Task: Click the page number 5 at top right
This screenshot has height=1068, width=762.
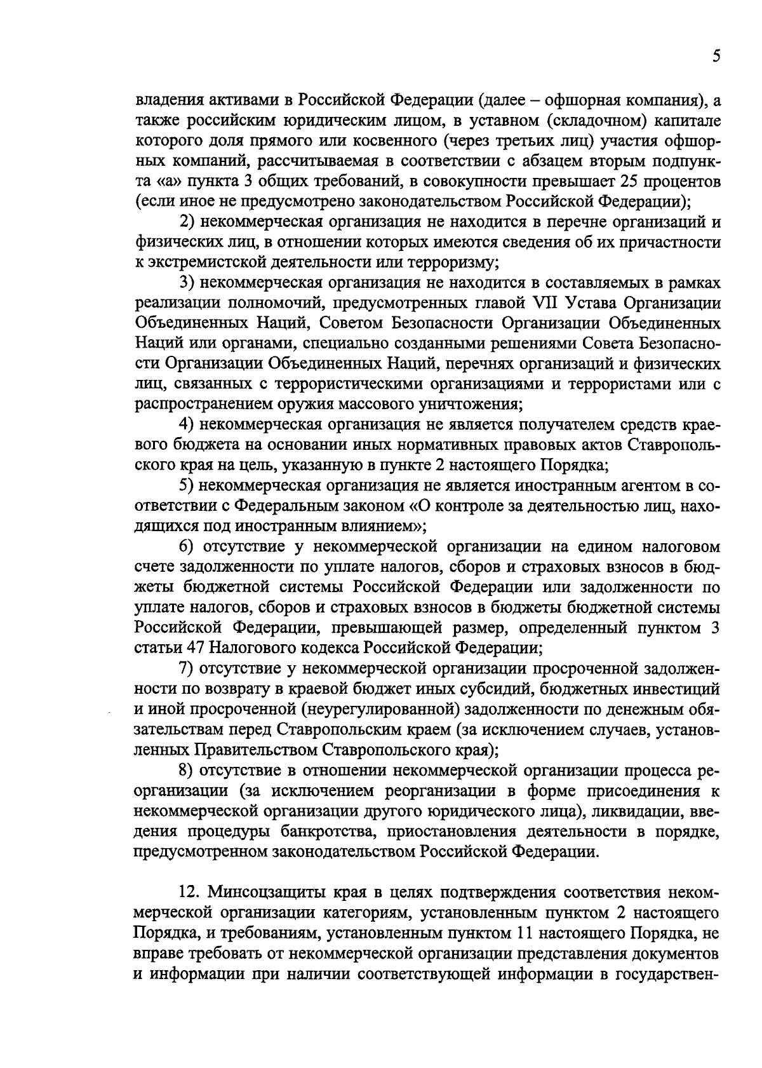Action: [716, 57]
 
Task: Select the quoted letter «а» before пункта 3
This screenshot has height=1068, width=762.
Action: [163, 182]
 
